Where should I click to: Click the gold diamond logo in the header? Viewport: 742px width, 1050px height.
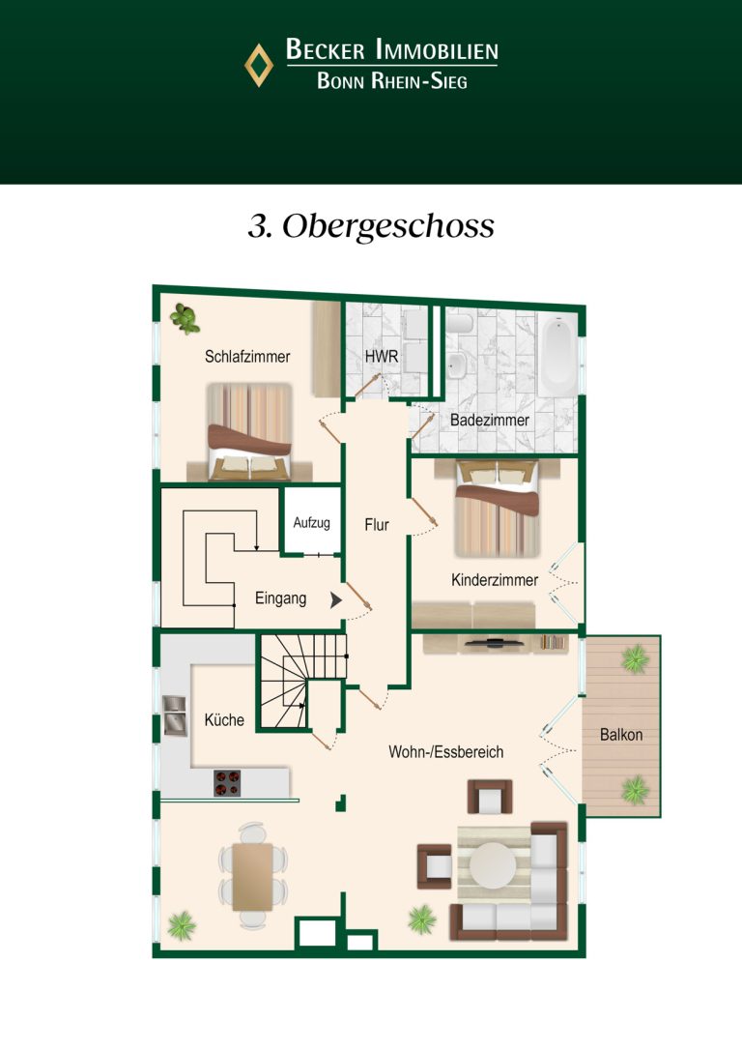click(x=258, y=65)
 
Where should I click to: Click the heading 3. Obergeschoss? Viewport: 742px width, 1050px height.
click(x=371, y=226)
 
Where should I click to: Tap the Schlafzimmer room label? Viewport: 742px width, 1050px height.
click(x=247, y=356)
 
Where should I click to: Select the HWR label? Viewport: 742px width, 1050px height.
click(x=382, y=356)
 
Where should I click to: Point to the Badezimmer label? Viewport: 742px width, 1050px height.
click(x=490, y=420)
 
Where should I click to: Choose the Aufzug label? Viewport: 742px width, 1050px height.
click(x=312, y=522)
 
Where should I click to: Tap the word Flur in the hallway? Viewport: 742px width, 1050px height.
click(x=377, y=525)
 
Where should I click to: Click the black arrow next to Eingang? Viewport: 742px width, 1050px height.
click(x=336, y=600)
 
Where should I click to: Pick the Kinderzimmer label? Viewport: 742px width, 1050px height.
click(x=495, y=580)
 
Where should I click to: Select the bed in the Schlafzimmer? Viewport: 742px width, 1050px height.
click(x=249, y=432)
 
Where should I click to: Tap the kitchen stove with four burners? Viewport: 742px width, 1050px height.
click(x=227, y=783)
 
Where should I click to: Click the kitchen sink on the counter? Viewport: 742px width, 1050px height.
click(x=175, y=715)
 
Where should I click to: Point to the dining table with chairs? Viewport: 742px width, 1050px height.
click(x=253, y=876)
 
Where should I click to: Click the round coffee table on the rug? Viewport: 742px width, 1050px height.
click(x=493, y=864)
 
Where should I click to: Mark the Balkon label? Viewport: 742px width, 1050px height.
click(x=621, y=735)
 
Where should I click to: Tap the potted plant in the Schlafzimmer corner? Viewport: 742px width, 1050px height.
click(x=185, y=319)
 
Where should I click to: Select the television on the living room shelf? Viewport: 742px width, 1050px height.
click(x=495, y=644)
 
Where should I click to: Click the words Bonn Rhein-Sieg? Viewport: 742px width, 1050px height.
click(x=392, y=81)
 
